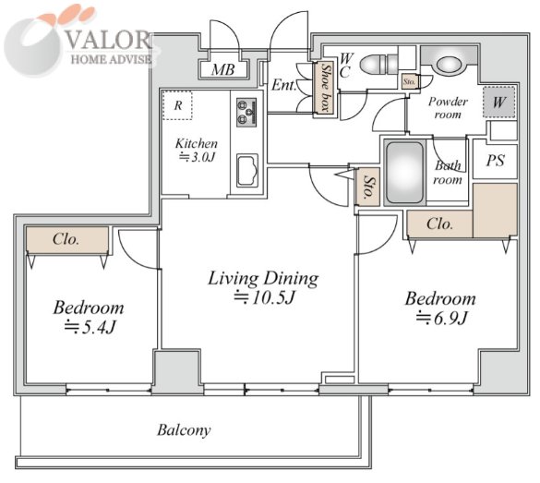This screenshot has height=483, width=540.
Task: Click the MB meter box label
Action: coord(223,70)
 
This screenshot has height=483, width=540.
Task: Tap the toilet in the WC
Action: coord(378,64)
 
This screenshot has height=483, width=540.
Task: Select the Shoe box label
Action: coord(325,88)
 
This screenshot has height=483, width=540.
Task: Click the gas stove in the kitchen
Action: coord(246,113)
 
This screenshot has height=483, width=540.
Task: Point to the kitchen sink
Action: coord(247,171)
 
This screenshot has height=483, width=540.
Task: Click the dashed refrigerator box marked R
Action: coord(177,105)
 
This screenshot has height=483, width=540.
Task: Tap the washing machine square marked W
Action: coord(499,102)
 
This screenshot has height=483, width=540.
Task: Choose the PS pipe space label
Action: coord(495,161)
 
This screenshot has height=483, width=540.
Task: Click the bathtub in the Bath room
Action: coord(404,173)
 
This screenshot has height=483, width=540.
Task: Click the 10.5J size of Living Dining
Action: coord(265,297)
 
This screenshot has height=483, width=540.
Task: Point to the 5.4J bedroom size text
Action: coord(89,327)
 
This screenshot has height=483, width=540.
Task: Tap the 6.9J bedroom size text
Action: coord(441,318)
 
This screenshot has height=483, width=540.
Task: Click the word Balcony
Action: coord(184,430)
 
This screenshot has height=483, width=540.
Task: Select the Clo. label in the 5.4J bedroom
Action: coord(66,239)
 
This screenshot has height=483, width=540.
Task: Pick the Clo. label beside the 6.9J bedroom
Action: coord(439,223)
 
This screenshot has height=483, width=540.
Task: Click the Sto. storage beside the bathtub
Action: coord(368,187)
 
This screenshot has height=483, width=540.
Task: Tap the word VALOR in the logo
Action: coord(109,41)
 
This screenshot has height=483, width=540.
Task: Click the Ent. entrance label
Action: coord(283,85)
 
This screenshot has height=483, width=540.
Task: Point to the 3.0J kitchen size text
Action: coord(197,157)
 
